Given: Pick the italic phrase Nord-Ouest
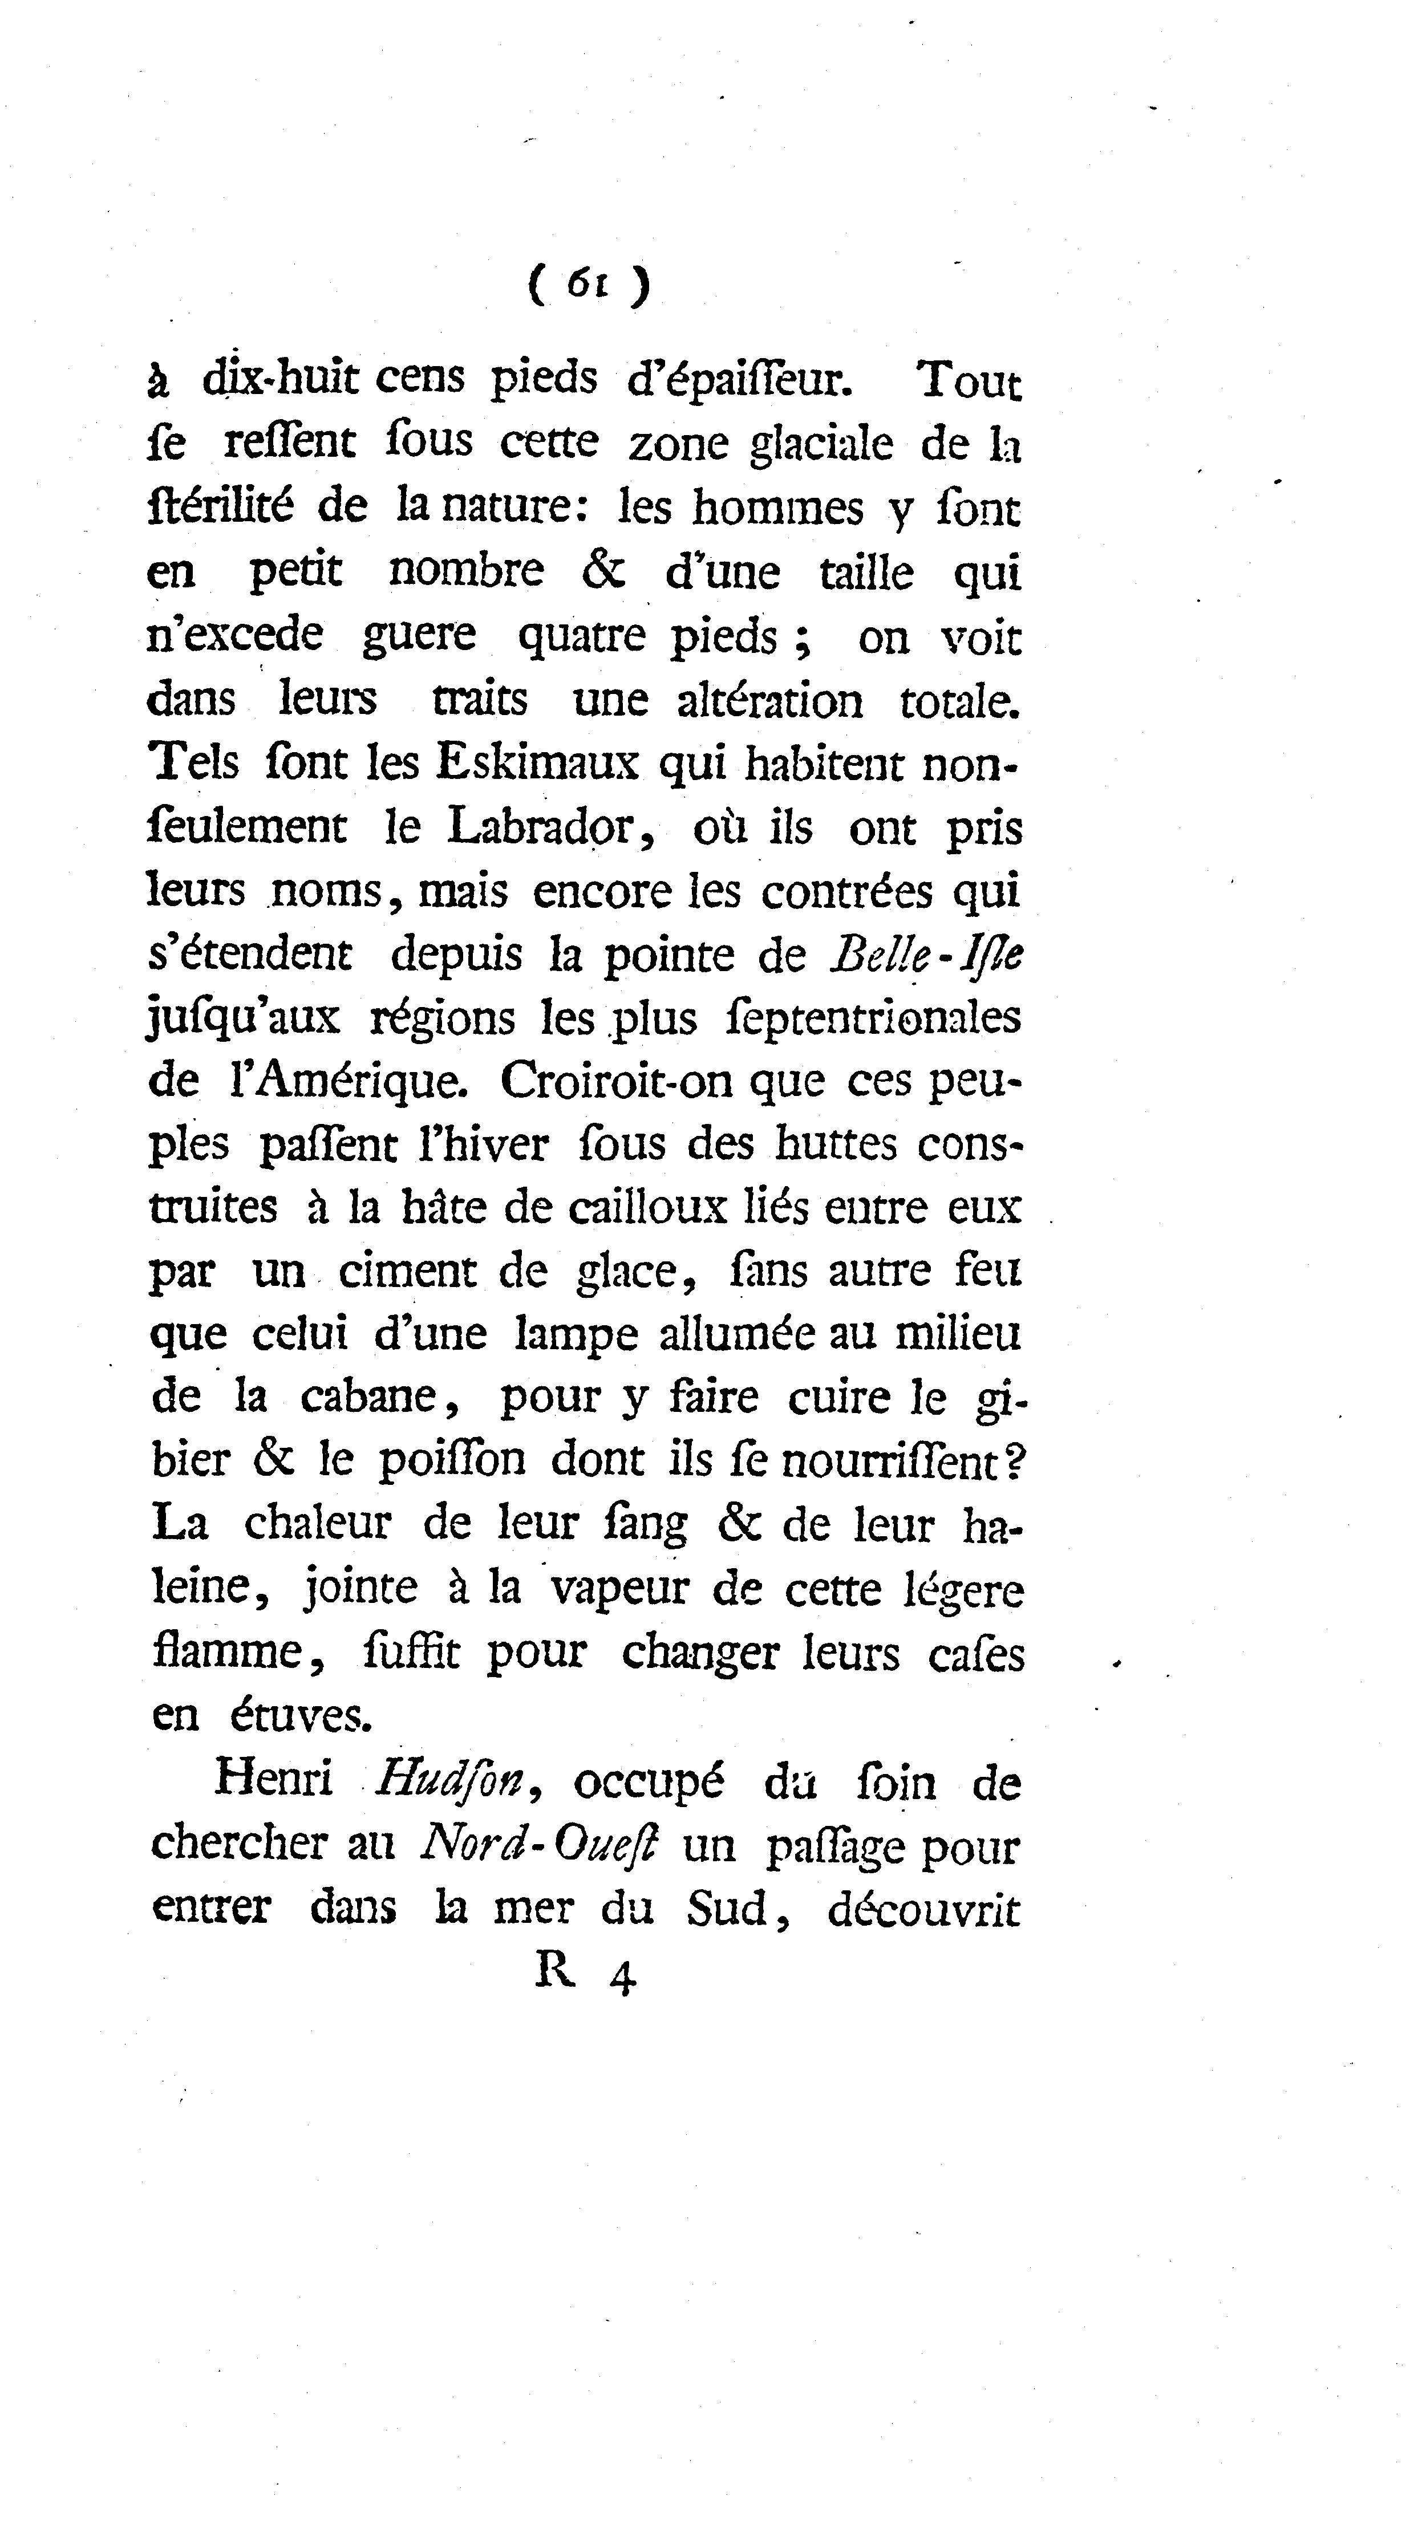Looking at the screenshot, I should [x=537, y=1846].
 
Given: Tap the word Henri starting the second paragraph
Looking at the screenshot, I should [x=273, y=1780].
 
